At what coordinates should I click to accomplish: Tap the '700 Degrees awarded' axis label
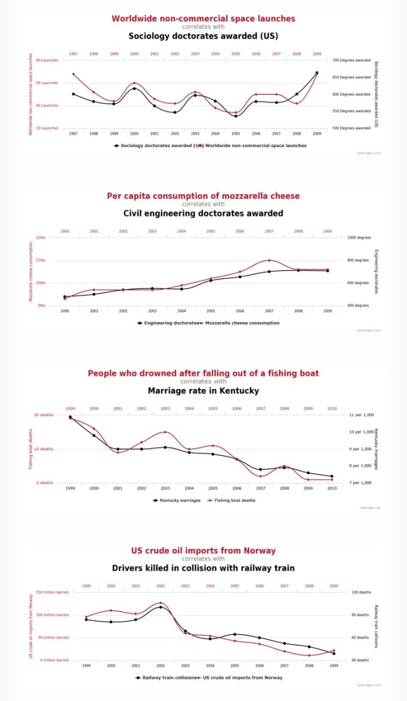[352, 60]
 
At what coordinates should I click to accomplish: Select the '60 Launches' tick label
[46, 60]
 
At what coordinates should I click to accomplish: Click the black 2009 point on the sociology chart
[317, 73]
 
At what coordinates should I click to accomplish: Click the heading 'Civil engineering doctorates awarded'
[203, 213]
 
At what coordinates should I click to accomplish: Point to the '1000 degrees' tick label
[360, 237]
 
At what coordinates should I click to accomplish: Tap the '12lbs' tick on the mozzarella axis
[41, 237]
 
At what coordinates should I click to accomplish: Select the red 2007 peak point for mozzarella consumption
[269, 260]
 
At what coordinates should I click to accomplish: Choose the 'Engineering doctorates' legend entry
[168, 323]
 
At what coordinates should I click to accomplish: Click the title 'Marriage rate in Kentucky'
[203, 390]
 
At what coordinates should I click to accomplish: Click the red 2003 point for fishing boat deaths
[165, 432]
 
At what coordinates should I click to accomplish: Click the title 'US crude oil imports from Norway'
[203, 550]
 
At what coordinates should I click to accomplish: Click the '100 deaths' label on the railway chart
[361, 592]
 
